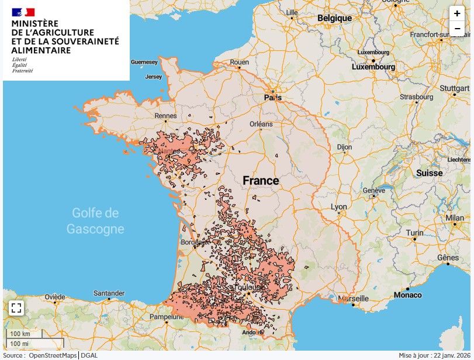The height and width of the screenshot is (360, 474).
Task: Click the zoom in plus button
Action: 457,14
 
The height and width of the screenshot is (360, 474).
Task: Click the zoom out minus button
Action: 457,28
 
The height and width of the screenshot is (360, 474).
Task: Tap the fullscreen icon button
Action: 16,308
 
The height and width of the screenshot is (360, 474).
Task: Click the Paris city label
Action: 272,98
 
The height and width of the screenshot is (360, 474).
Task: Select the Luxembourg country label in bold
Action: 373,67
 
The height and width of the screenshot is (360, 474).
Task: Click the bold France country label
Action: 261,181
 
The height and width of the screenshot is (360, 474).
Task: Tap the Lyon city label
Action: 338,207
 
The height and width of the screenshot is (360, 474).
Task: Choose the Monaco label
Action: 407,295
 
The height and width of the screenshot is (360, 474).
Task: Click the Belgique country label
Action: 334,18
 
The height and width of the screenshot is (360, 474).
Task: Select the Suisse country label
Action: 430,173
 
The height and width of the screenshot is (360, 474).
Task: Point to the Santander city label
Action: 109,293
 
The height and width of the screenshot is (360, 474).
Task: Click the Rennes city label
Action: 165,116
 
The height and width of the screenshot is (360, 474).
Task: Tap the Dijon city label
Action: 344,147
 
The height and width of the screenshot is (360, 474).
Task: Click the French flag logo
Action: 23,12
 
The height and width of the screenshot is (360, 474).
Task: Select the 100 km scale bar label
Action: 19,334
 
